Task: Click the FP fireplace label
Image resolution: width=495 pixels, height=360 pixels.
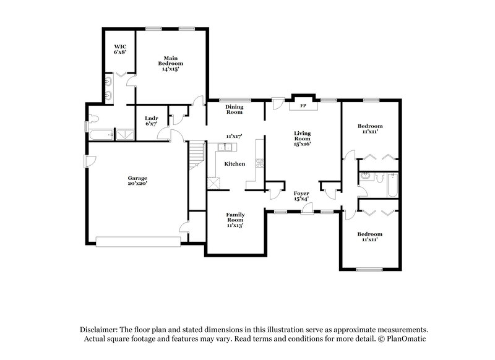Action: pyautogui.click(x=303, y=106)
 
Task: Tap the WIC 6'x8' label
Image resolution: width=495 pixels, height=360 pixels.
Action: pyautogui.click(x=119, y=49)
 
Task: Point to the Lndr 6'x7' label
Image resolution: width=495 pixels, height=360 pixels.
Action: pyautogui.click(x=151, y=121)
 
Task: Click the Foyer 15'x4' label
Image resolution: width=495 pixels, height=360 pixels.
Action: pyautogui.click(x=302, y=196)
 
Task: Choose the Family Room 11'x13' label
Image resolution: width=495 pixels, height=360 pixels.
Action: pyautogui.click(x=235, y=220)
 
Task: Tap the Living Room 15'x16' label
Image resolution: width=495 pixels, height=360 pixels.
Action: pyautogui.click(x=302, y=137)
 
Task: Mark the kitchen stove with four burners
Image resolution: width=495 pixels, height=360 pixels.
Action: pyautogui.click(x=260, y=164)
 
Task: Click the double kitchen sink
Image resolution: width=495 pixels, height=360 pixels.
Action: pyautogui.click(x=225, y=147)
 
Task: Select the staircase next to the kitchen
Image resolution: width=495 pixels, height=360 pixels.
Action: pyautogui.click(x=196, y=153)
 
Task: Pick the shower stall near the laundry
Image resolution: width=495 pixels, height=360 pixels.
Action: pyautogui.click(x=124, y=133)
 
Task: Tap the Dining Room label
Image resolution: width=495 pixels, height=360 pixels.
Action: pyautogui.click(x=234, y=109)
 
